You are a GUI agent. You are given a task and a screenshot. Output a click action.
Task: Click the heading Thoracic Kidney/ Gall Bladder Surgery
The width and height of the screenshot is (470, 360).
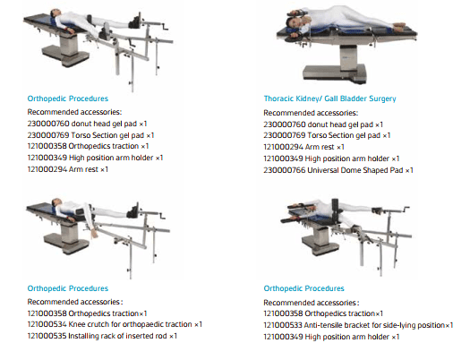coord(329,99)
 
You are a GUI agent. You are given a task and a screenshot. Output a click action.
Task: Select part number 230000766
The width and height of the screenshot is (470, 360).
coord(285,169)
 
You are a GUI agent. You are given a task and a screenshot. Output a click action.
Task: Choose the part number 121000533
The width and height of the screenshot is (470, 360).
coord(285,324)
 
